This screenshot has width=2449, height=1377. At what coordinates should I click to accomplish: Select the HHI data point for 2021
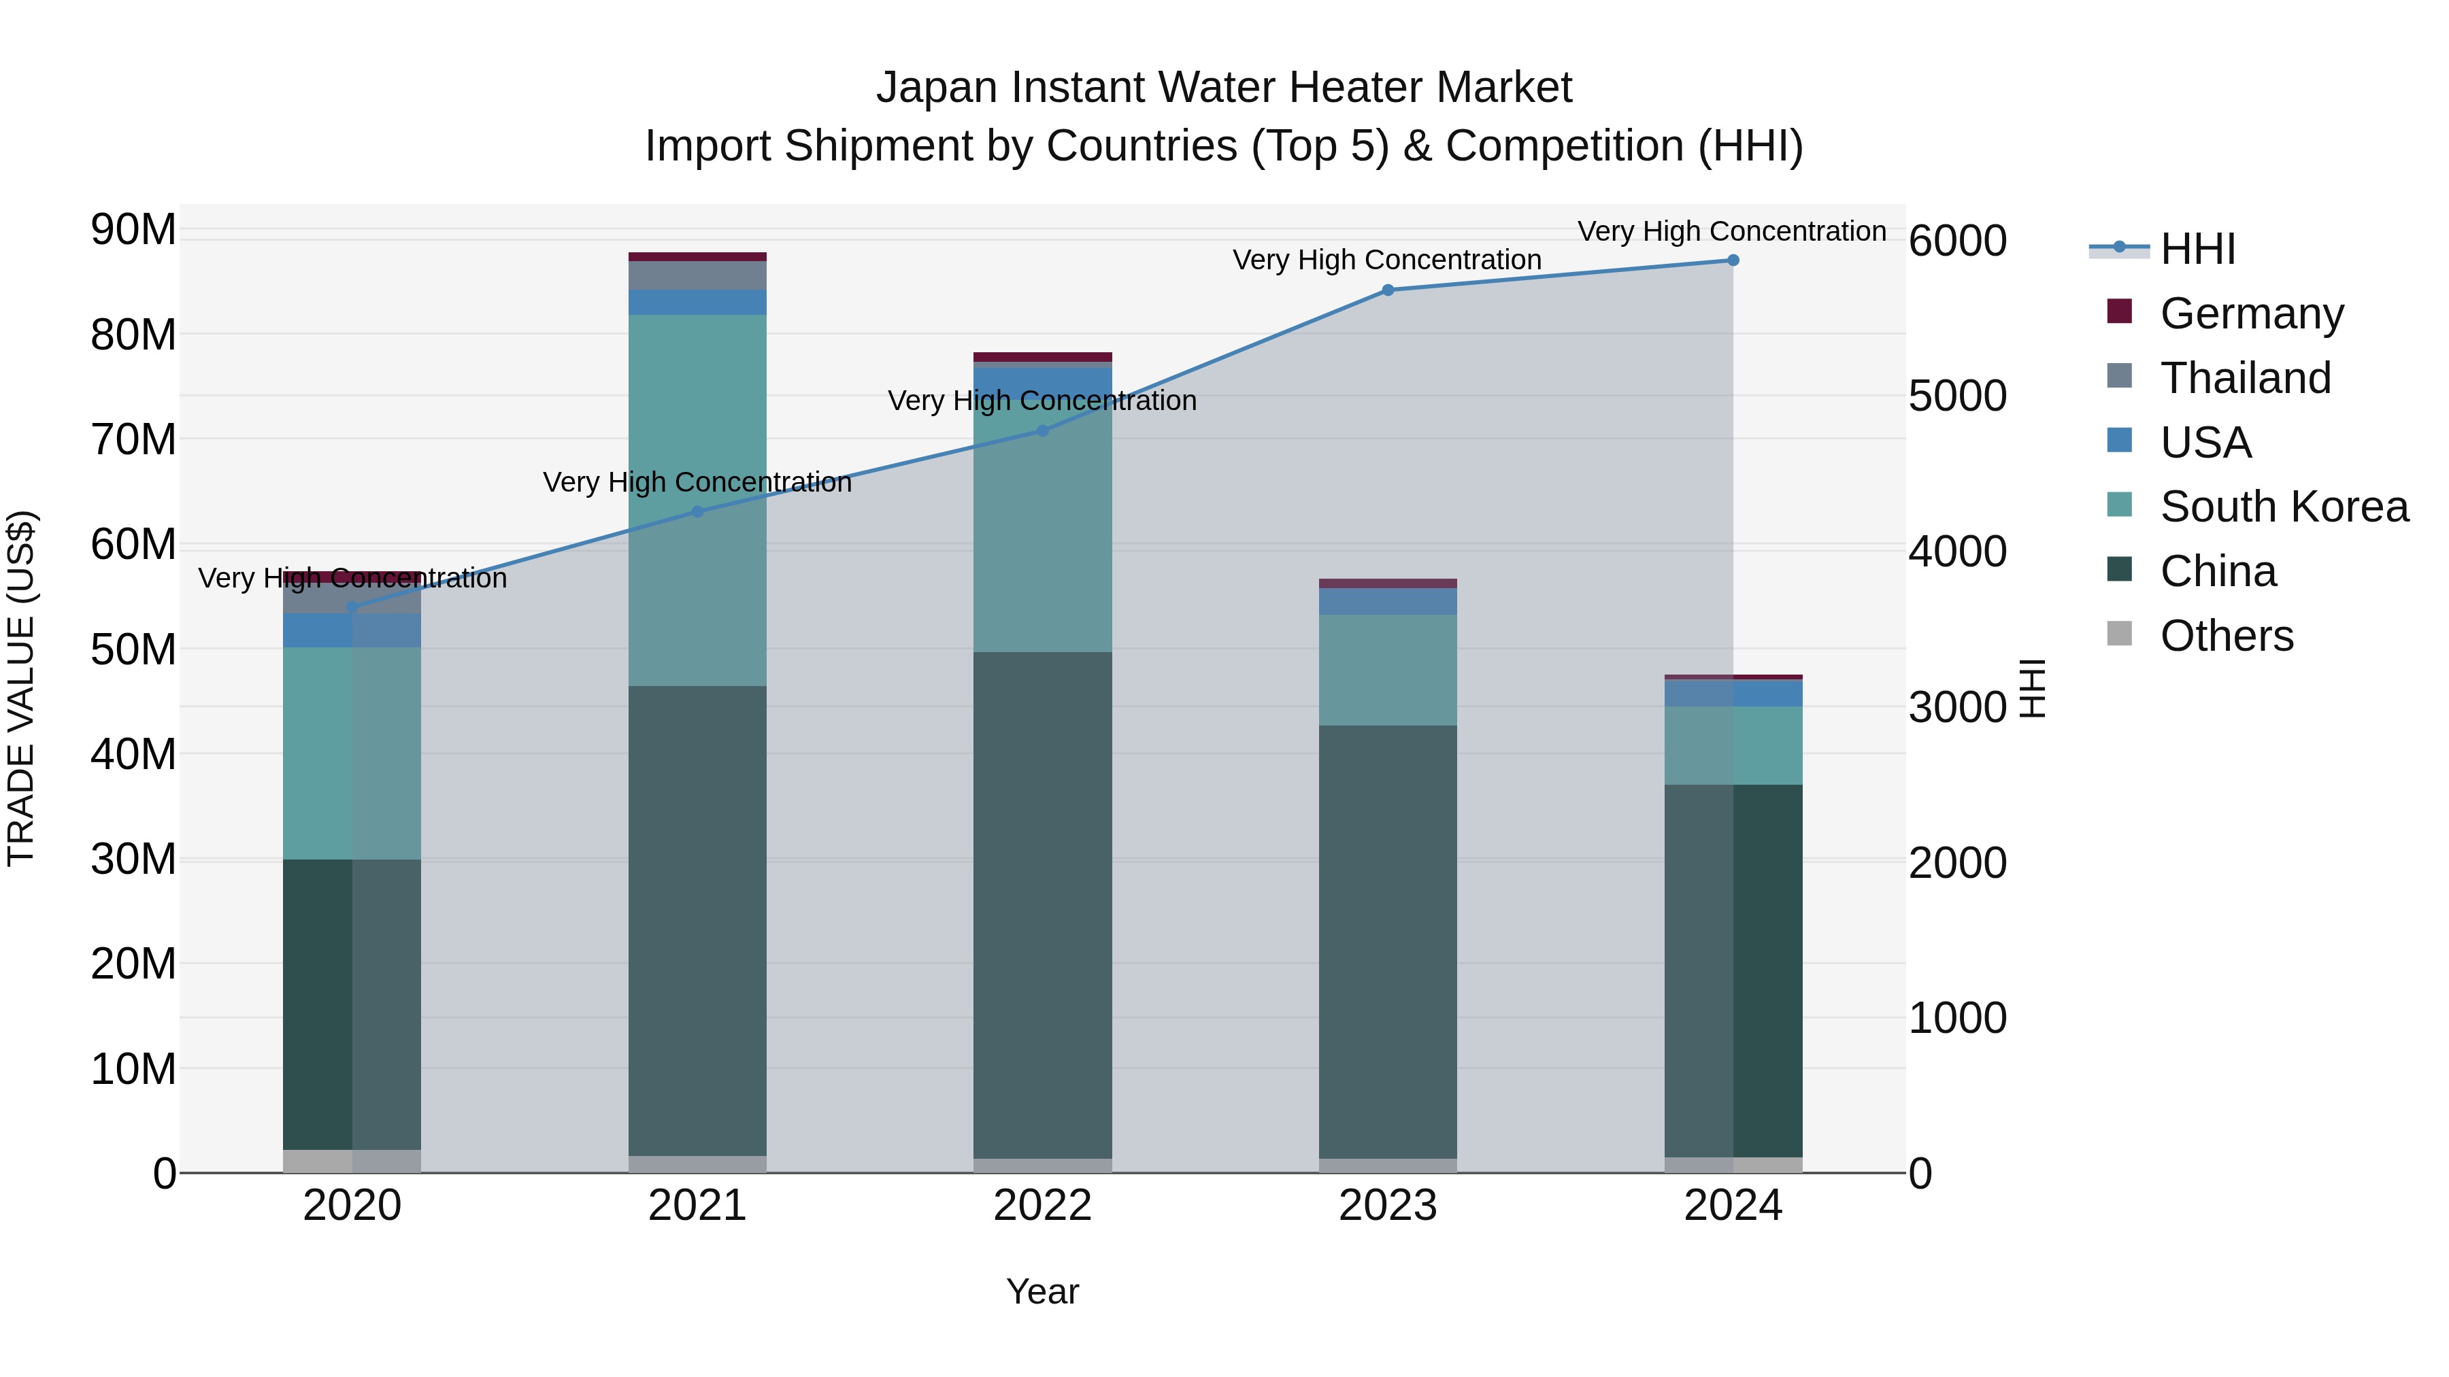coord(697,511)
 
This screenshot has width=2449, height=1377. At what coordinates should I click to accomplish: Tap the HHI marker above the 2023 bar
coord(1387,290)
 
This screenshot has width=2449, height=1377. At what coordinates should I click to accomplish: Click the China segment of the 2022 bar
coord(1042,903)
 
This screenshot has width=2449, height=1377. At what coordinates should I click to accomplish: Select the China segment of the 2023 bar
coord(1387,941)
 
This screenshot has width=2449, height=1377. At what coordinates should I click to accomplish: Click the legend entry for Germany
coord(2251,313)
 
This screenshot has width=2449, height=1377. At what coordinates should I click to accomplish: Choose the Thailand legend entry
coord(2245,377)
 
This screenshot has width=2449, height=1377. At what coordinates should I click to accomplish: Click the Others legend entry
coord(2226,636)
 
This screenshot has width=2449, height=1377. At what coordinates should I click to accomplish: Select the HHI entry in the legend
coord(2197,249)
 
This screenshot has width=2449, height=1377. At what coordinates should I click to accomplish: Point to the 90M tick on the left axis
coord(133,230)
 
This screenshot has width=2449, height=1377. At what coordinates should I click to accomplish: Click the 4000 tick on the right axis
coord(1957,552)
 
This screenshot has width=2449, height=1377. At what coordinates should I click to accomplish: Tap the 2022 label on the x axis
coord(1042,1206)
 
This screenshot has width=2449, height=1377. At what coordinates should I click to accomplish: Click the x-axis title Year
coord(1042,1291)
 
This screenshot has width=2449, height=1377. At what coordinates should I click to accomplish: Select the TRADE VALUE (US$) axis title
coord(21,688)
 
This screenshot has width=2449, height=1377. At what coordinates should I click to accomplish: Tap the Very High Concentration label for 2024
coord(1731,231)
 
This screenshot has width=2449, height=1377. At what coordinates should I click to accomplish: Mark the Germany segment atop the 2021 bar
coord(697,256)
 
